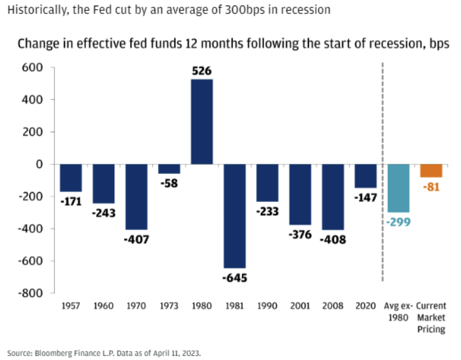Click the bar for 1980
[x=202, y=122]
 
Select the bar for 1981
[x=235, y=216]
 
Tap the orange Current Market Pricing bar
[x=431, y=170]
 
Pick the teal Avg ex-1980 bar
[x=398, y=188]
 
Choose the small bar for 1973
[x=169, y=168]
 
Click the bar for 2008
[x=333, y=197]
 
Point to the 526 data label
[x=202, y=71]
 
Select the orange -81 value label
[x=431, y=186]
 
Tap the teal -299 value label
[x=398, y=221]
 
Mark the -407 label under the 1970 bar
[x=136, y=239]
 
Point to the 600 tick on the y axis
[x=31, y=67]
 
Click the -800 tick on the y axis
[x=29, y=293]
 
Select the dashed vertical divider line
[x=382, y=170]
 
